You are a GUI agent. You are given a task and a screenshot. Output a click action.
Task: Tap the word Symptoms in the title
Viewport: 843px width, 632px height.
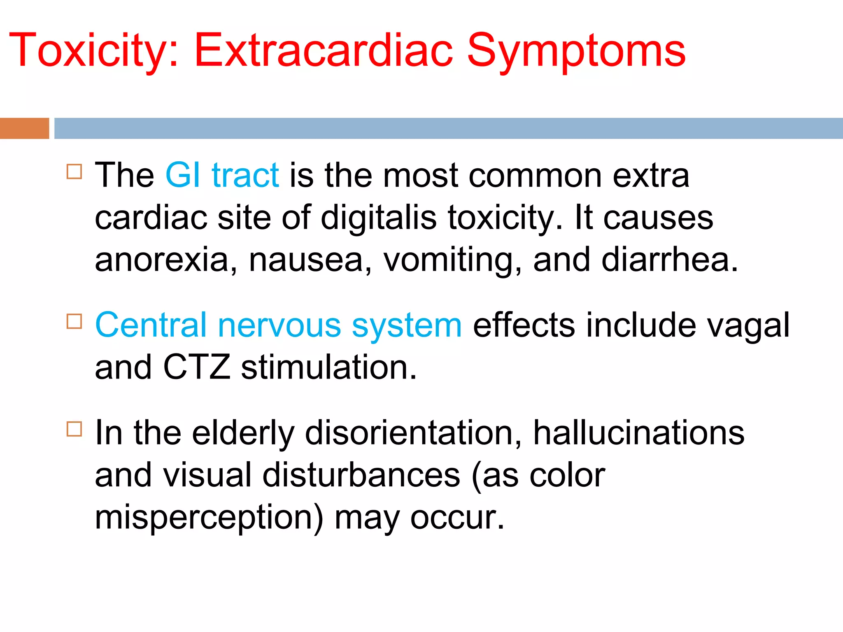click(576, 51)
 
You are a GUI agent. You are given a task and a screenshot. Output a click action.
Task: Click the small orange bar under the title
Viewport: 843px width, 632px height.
click(24, 128)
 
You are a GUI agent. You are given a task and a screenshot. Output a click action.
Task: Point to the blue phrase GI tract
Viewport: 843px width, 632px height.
click(222, 175)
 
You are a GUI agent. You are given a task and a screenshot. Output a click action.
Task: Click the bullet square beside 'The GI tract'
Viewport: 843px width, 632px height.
click(74, 171)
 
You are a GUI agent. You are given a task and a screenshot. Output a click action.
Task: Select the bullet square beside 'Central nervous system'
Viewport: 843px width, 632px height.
click(74, 321)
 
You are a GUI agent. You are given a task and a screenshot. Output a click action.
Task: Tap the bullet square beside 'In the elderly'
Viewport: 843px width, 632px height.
click(74, 429)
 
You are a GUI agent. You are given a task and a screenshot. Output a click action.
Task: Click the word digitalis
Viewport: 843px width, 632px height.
click(378, 218)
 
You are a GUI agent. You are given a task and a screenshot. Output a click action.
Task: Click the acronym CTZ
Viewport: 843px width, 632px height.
click(196, 367)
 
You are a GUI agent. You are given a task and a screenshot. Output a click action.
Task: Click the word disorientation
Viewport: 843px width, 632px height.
click(413, 433)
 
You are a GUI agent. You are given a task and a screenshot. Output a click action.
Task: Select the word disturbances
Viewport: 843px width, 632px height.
click(361, 476)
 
